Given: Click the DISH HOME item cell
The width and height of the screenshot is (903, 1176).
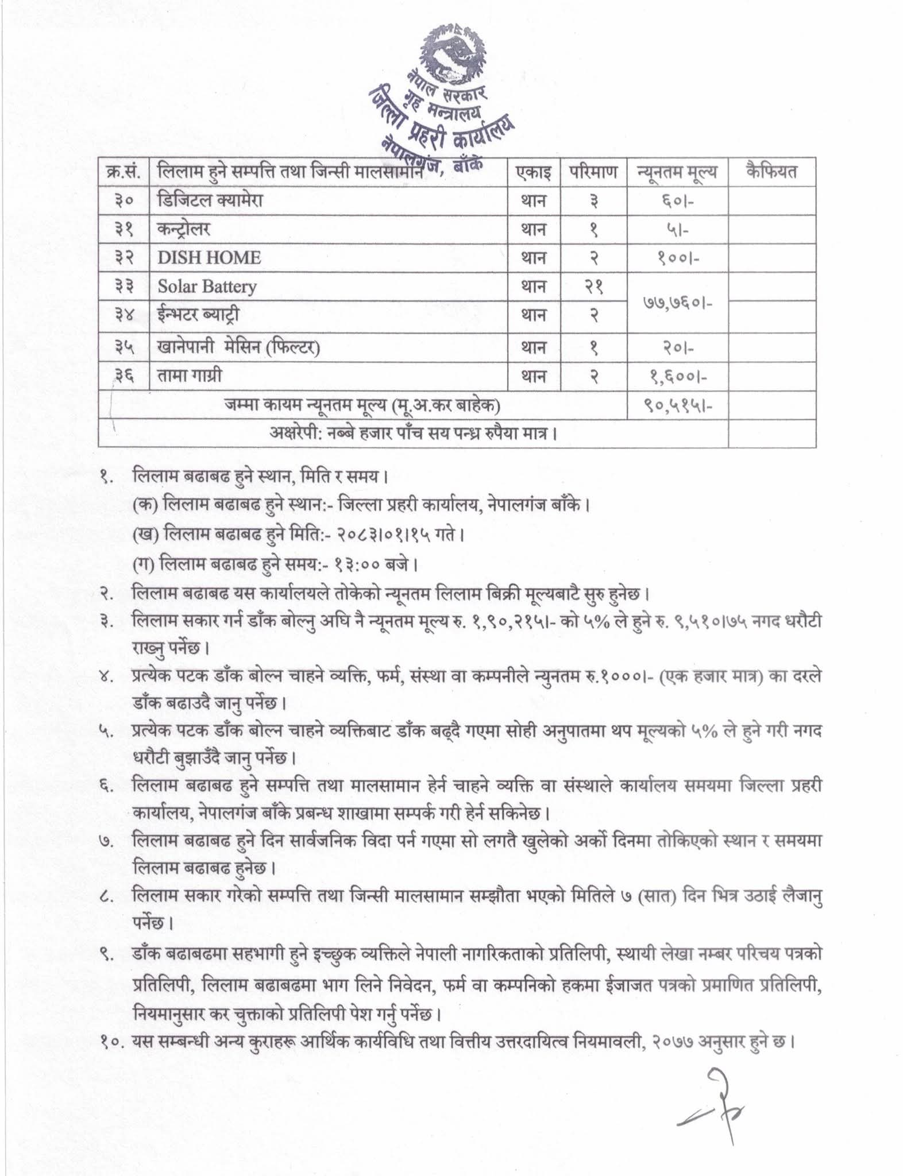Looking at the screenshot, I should point(209,257).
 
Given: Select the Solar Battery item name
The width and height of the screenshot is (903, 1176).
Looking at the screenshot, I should point(207,286).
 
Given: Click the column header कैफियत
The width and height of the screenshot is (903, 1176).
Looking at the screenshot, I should point(771,172).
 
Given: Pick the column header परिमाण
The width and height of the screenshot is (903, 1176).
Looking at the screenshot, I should point(593,172).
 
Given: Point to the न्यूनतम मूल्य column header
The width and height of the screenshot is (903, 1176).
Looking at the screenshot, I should point(677,172).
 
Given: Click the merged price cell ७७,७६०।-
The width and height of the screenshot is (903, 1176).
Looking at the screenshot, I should point(677,300).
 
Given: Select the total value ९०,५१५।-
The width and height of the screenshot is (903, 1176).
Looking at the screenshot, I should point(677,406).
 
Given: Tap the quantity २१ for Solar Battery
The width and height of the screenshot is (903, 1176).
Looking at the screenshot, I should point(593,286).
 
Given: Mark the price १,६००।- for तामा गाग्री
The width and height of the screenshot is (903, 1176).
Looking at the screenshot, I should point(677,376).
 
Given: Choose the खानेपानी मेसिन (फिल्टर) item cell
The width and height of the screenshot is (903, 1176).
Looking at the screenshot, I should point(238,347).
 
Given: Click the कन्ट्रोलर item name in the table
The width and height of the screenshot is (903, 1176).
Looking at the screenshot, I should point(184,229).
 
